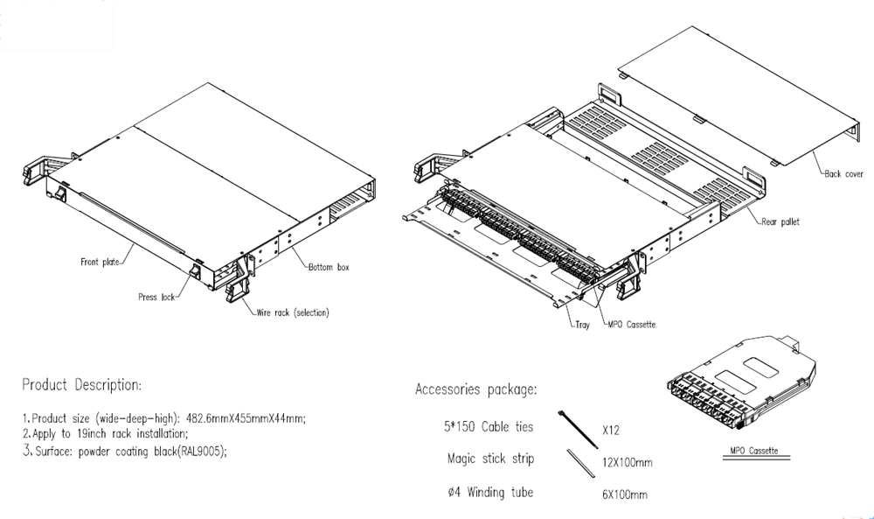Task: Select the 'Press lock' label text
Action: (156, 298)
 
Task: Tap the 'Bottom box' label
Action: (328, 267)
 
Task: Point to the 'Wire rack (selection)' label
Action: (292, 312)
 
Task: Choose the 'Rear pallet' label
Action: (780, 222)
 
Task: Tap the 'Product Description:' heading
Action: (80, 385)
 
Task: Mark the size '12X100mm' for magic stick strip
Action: (627, 462)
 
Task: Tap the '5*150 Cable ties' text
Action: (488, 427)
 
